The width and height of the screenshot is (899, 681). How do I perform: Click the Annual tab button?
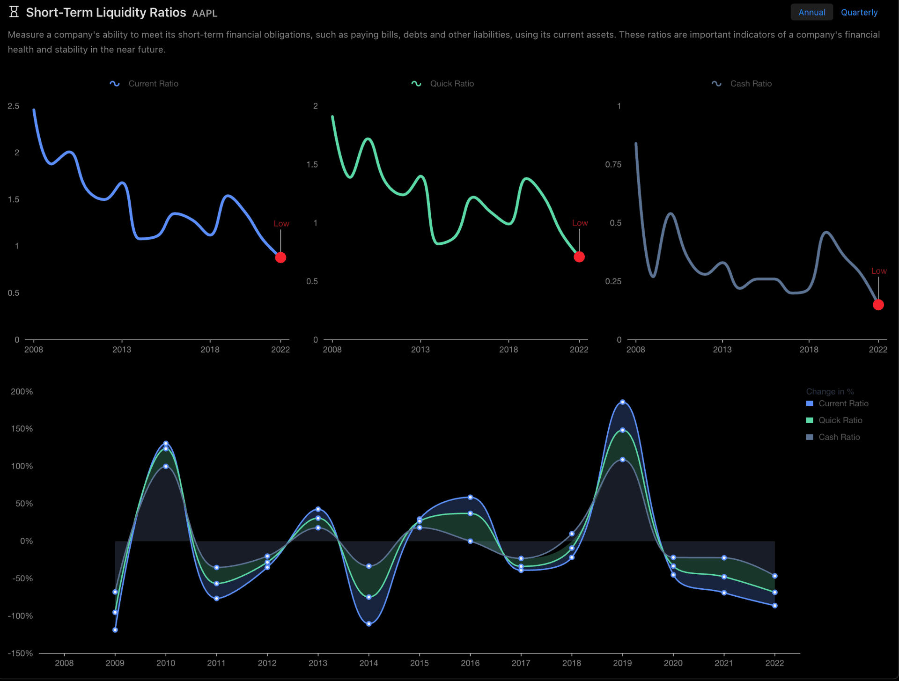811,12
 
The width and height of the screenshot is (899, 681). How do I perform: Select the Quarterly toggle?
859,12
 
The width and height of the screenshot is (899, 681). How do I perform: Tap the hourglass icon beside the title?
14,12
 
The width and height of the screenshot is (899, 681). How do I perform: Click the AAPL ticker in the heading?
205,13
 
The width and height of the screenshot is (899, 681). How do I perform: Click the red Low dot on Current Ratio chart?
280,257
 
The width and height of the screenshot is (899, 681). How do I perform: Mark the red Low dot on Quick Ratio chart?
579,256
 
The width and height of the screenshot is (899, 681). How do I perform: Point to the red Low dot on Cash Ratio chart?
878,305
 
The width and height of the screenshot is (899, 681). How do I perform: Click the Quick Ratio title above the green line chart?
451,83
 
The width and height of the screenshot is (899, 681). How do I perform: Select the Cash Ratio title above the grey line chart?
751,83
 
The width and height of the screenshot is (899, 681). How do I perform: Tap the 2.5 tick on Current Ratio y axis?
14,106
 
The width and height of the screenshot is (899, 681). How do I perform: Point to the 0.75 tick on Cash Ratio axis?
613,164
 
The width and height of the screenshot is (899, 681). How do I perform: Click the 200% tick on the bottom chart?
22,391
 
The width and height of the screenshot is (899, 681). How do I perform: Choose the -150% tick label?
20,653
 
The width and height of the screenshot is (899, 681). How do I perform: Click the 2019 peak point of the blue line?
622,402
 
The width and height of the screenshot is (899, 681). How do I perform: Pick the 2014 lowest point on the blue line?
369,623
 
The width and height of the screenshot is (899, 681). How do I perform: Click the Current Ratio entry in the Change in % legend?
843,403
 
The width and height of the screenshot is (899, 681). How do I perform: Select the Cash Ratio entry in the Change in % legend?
839,437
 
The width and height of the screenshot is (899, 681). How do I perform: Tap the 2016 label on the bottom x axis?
470,663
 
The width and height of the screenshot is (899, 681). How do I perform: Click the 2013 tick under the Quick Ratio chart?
420,349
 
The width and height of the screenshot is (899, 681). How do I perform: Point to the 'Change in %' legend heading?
830,391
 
